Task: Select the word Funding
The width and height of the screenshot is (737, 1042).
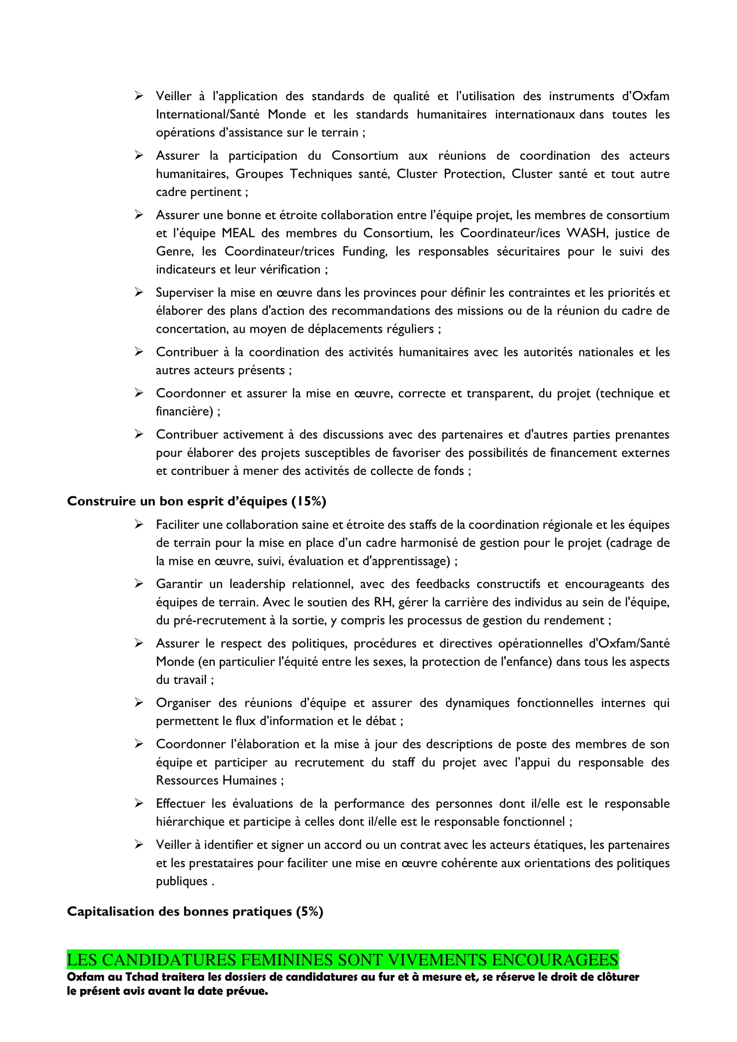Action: tap(364, 251)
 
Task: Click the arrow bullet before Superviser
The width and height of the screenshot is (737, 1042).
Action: tap(139, 292)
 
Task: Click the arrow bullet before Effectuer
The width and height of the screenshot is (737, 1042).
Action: tap(139, 803)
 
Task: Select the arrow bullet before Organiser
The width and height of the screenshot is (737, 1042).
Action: tap(139, 703)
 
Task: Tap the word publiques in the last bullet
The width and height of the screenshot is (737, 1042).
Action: tap(181, 881)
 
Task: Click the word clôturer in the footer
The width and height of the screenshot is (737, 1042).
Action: tap(617, 977)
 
